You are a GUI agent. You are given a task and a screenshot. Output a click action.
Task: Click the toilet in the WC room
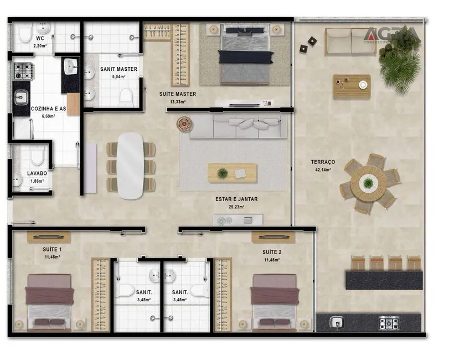25,34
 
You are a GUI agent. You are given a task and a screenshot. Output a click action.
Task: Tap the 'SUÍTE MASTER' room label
177,94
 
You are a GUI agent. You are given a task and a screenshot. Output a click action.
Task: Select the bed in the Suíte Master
245,55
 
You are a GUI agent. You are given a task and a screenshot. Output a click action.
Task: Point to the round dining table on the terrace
368,183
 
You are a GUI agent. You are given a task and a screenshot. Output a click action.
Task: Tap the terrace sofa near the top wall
350,42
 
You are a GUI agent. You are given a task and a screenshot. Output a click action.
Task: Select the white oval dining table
131,165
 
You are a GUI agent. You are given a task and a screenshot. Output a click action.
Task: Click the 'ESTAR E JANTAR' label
236,199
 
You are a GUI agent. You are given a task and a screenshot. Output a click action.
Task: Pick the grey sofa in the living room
238,127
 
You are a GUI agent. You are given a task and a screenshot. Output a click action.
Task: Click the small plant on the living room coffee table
223,173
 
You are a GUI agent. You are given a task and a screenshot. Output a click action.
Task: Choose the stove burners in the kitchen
23,70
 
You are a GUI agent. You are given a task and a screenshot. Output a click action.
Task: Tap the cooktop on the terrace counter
389,323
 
